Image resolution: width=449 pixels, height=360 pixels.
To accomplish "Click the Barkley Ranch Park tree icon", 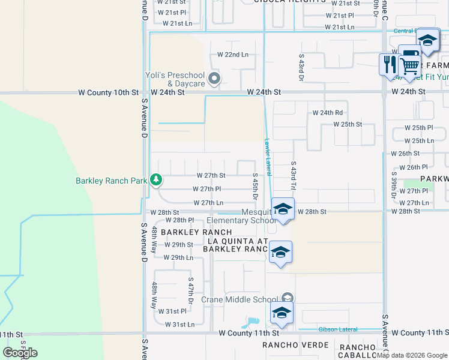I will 156,179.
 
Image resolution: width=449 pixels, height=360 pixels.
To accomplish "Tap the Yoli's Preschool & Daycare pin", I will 214,79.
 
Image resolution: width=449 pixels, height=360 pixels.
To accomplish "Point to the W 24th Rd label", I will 327,113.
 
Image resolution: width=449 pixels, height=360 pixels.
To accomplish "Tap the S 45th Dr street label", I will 255,188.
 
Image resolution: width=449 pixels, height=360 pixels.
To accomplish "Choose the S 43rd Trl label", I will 294,172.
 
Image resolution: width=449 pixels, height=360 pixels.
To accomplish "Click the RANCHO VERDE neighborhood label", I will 295,345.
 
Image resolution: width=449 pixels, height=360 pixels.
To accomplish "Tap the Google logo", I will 20,352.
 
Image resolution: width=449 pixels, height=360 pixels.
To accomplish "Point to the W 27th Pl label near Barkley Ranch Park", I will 208,189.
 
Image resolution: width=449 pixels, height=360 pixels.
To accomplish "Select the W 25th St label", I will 348,124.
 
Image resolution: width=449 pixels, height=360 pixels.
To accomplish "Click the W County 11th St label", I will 249,333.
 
